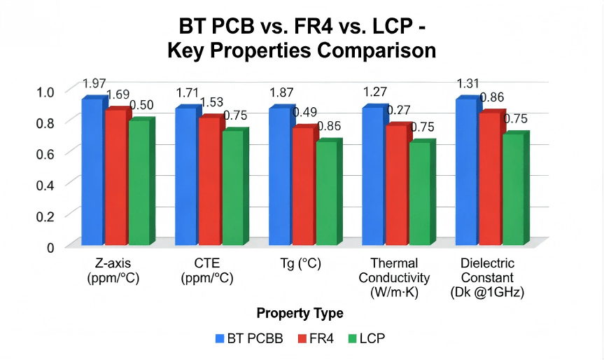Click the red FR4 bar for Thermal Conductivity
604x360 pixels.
395,185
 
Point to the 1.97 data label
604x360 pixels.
94,84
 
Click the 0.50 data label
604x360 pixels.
141,106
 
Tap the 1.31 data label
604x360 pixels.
468,84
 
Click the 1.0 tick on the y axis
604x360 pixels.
45,91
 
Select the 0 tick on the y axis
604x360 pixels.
50,246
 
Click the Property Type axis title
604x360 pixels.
300,312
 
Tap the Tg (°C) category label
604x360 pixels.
301,264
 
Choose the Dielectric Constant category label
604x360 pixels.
487,277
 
